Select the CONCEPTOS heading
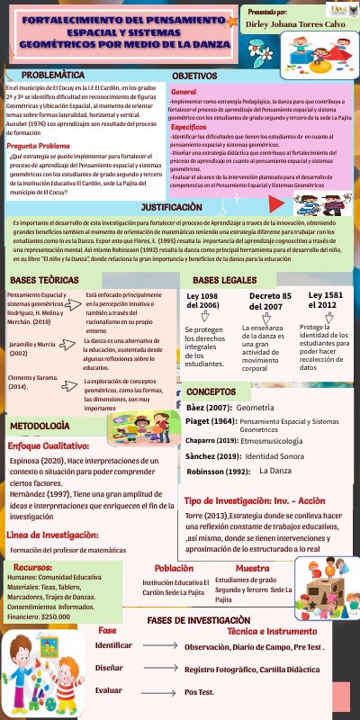tap(211, 367)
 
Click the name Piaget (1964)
tap(208, 398)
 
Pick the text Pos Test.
tap(199, 692)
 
